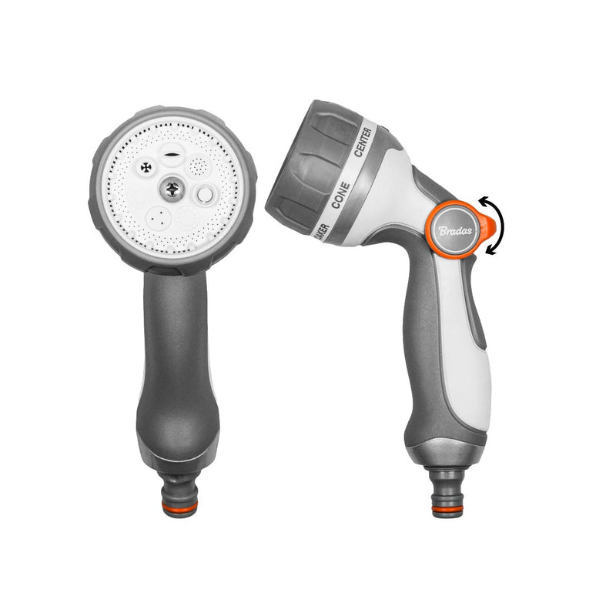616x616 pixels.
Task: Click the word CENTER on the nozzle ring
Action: (365, 142)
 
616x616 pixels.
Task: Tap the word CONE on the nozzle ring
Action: (340, 196)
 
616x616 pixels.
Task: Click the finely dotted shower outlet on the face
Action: (199, 166)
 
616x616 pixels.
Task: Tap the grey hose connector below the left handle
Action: (179, 485)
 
